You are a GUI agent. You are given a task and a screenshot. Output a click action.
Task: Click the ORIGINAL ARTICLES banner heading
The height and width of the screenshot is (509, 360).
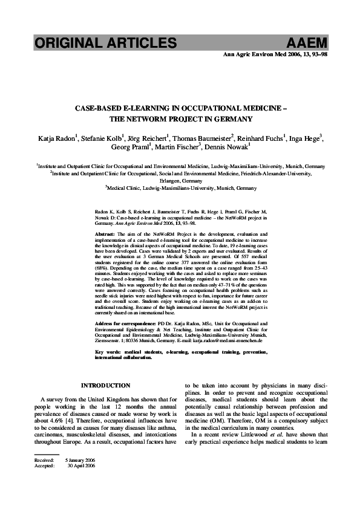(105, 42)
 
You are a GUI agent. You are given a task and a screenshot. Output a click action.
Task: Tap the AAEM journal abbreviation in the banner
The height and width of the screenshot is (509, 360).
(308, 42)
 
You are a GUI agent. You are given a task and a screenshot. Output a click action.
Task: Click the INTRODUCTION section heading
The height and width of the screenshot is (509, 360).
(105, 385)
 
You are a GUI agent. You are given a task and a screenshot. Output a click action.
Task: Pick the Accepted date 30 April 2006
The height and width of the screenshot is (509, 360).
(81, 466)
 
